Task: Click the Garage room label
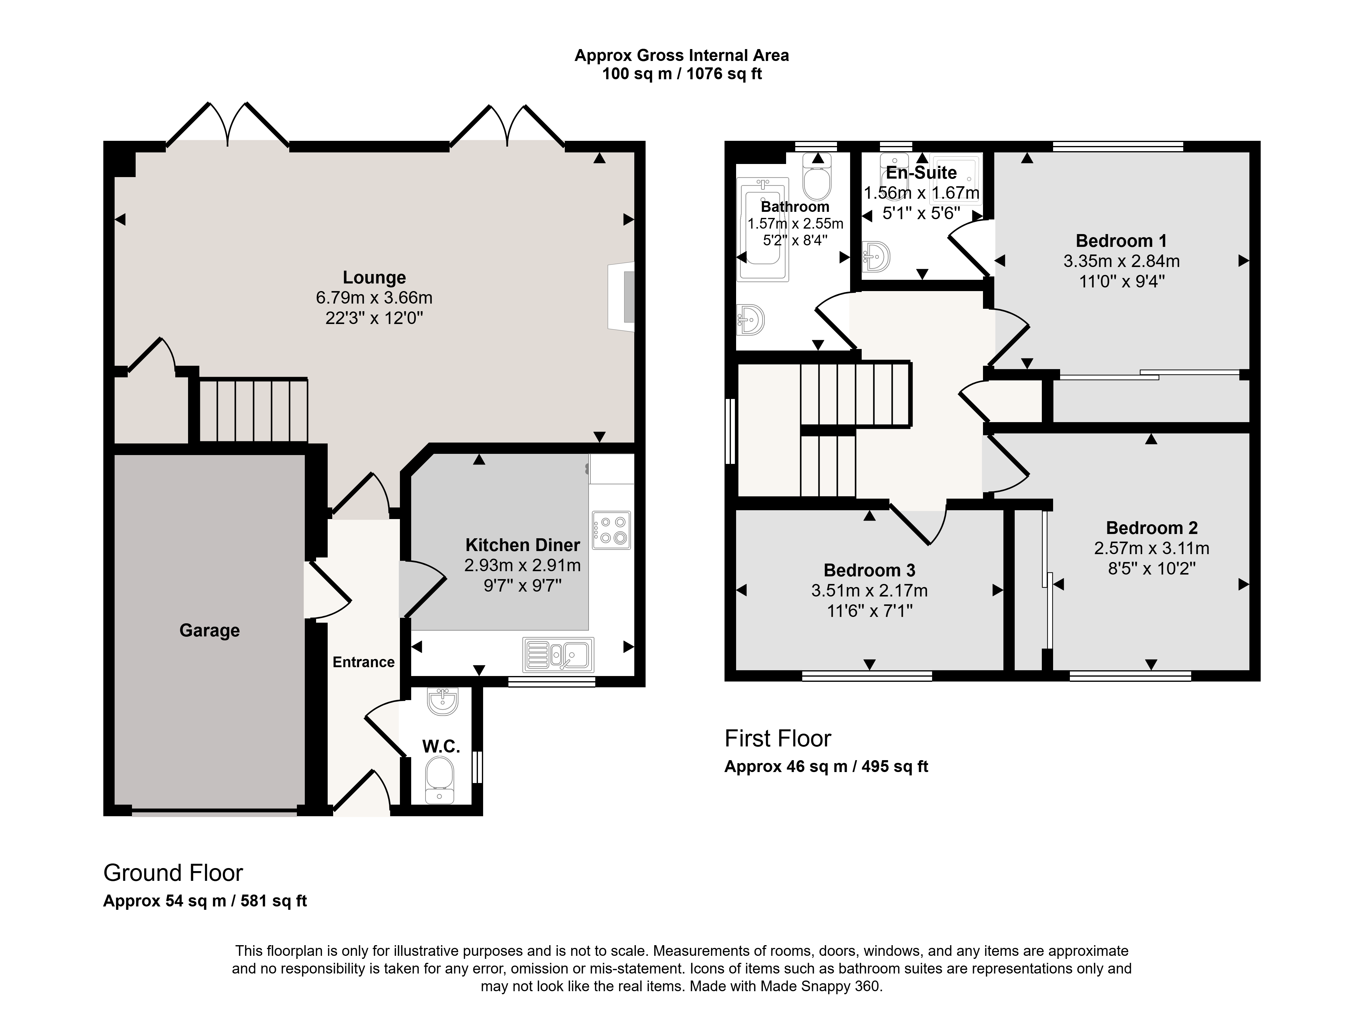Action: point(209,630)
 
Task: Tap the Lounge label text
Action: point(374,278)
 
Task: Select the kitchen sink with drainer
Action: point(558,654)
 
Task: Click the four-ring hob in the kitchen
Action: point(611,530)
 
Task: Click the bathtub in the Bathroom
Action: point(763,229)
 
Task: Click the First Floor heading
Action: point(778,738)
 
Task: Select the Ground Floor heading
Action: point(173,873)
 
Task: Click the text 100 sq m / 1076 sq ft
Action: point(682,74)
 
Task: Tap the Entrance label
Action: point(364,662)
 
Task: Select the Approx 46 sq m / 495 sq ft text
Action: point(826,767)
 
